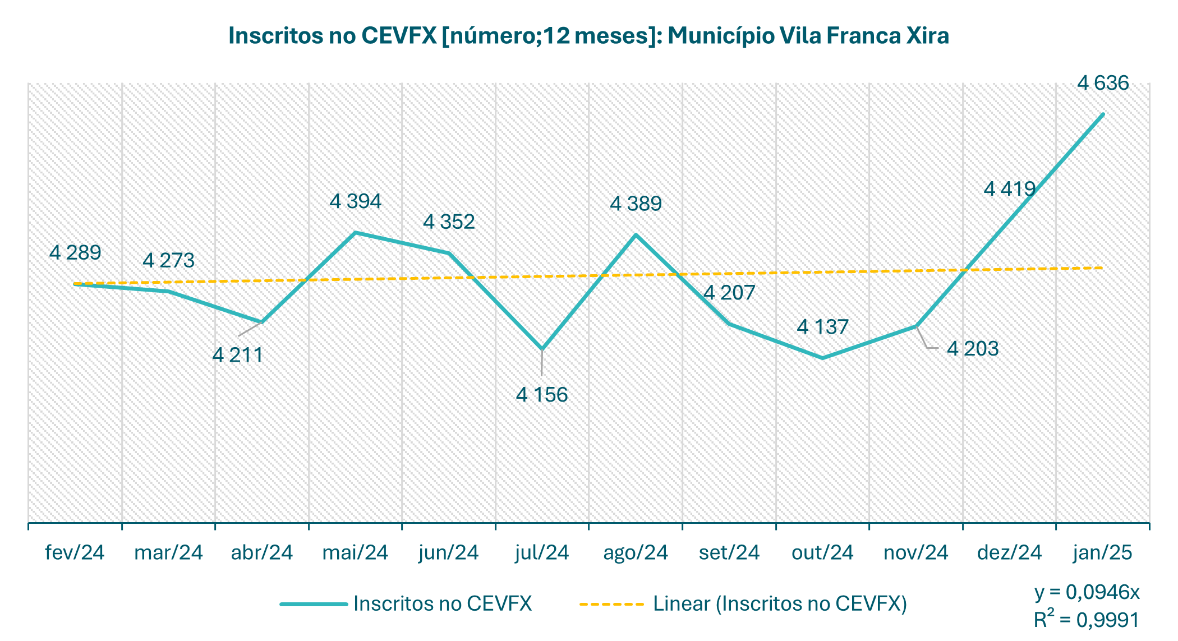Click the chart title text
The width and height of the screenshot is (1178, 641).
point(588,36)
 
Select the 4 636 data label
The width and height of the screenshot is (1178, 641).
point(1103,84)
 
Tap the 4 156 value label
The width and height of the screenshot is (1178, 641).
point(542,395)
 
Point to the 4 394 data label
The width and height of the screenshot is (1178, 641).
point(355,201)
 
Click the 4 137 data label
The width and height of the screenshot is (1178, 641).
point(822,327)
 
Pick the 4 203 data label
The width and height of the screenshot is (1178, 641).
point(973,349)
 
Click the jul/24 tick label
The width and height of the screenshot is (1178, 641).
point(542,553)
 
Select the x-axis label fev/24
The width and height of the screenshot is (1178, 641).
point(75,553)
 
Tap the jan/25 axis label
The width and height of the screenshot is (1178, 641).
point(1103,553)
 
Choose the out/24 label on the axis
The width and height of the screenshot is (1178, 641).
point(822,553)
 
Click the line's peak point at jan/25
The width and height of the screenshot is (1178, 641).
point(1103,114)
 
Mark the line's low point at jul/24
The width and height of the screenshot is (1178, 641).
point(542,349)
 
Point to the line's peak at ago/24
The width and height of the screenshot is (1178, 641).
point(636,234)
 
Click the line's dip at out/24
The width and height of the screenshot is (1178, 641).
point(822,358)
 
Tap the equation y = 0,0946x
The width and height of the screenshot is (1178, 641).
point(1087,592)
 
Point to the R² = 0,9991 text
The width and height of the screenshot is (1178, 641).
point(1087,620)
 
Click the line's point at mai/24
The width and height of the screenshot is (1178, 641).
point(355,232)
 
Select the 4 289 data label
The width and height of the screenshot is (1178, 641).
point(75,253)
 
